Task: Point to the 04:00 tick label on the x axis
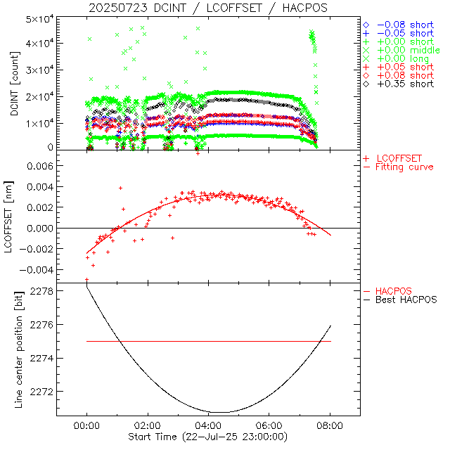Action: (x=208, y=426)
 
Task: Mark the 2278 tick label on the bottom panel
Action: (x=43, y=291)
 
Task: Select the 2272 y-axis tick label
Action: (x=43, y=391)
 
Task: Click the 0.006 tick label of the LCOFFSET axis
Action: (x=39, y=166)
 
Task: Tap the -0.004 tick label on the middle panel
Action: (x=37, y=269)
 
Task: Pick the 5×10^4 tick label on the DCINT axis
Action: (x=39, y=18)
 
